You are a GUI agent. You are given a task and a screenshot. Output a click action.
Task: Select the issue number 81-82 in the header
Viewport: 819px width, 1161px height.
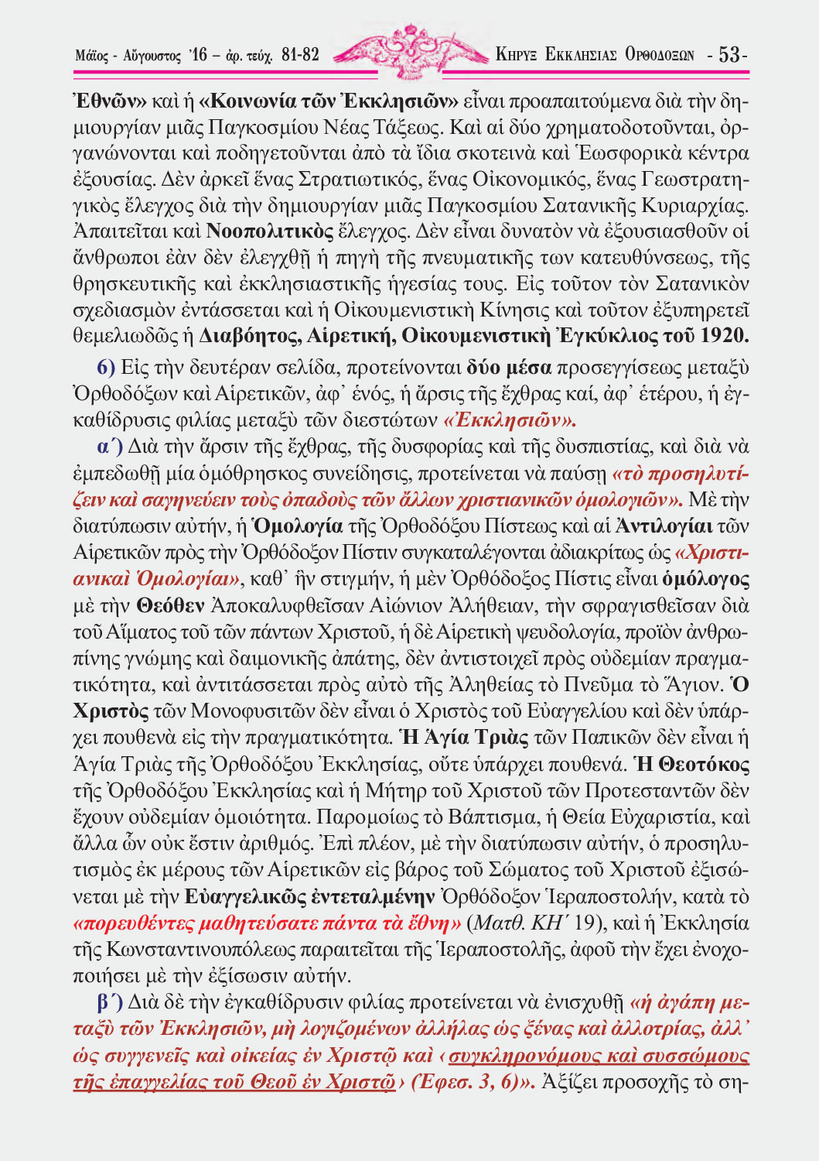300,55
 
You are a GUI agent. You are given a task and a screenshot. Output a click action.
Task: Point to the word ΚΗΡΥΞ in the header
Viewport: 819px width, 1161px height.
517,55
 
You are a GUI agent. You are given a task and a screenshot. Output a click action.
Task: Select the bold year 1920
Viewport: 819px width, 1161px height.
725,336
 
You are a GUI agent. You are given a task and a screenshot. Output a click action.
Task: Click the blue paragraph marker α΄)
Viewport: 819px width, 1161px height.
110,447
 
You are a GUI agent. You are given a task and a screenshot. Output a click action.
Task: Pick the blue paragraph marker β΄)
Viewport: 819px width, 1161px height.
110,1003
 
